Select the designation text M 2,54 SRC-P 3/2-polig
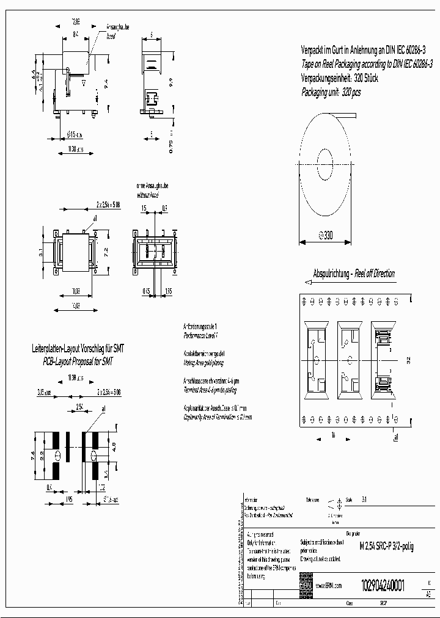click(x=386, y=547)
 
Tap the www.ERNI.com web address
click(x=329, y=586)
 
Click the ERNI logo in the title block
click(x=306, y=586)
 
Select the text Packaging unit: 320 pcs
click(x=331, y=93)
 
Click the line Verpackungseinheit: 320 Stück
click(x=340, y=78)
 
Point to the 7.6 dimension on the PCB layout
click(x=33, y=456)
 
